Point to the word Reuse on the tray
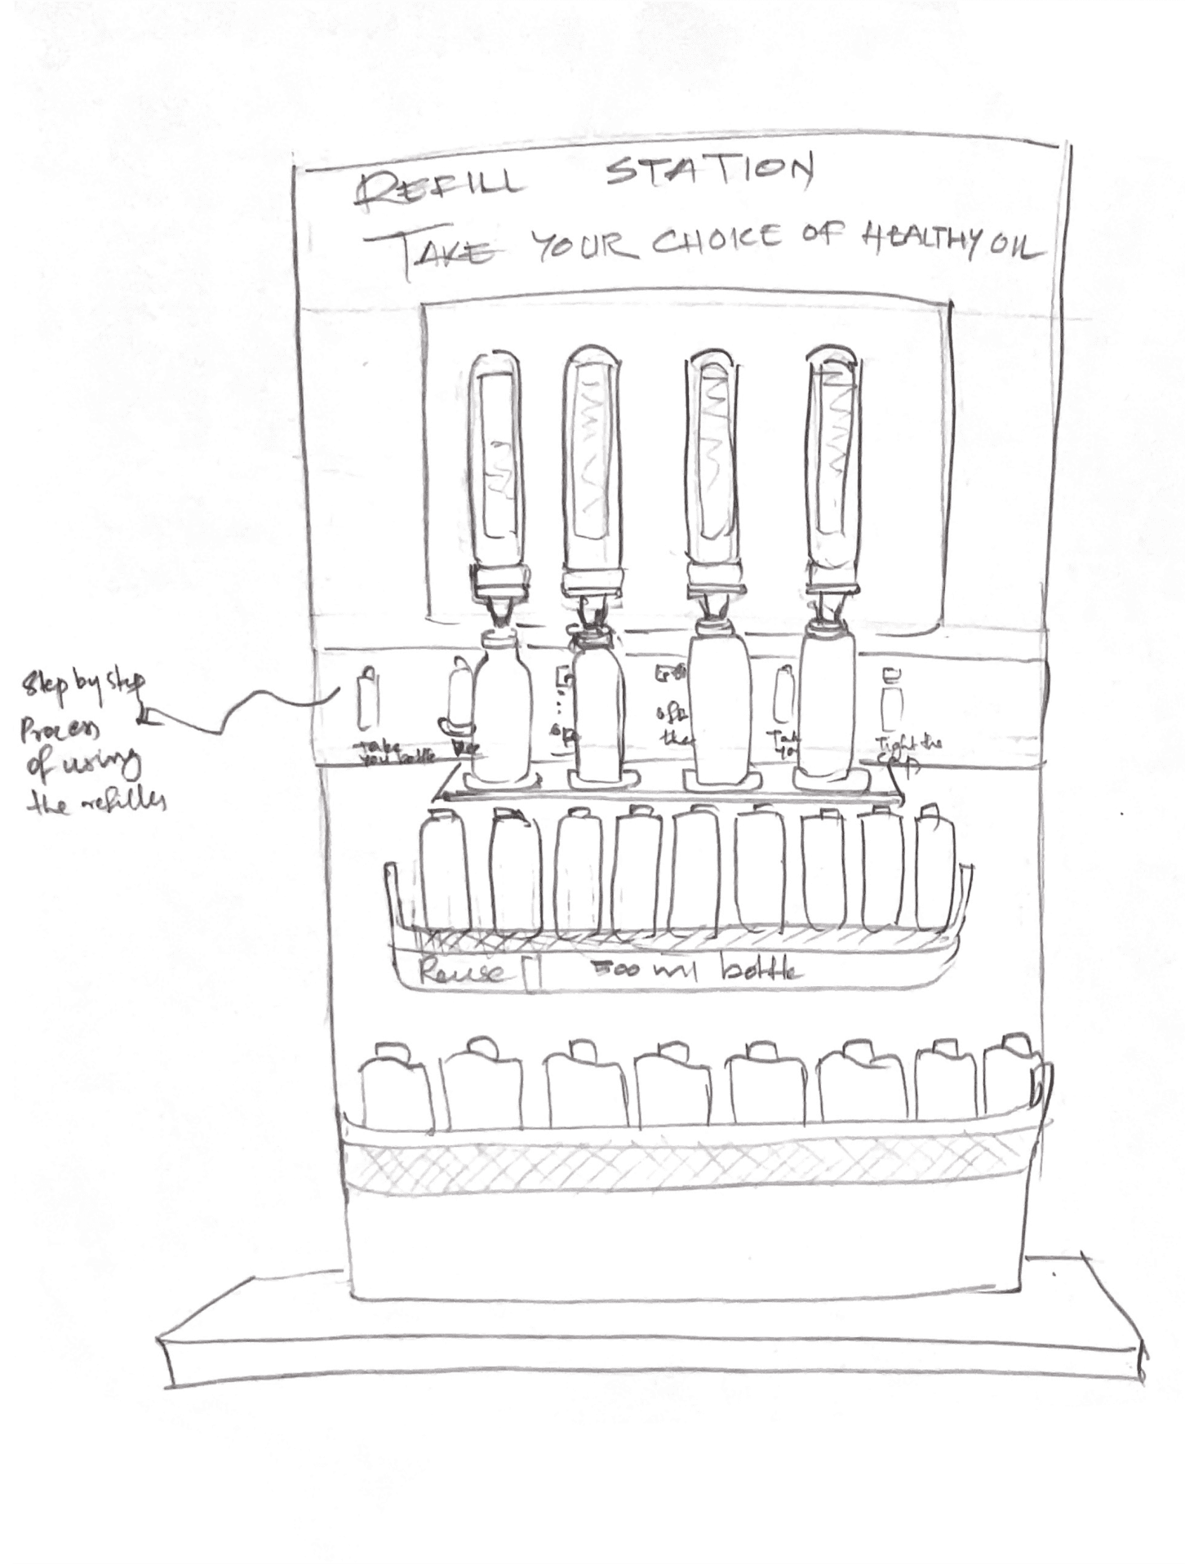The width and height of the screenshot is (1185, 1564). coord(459,971)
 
